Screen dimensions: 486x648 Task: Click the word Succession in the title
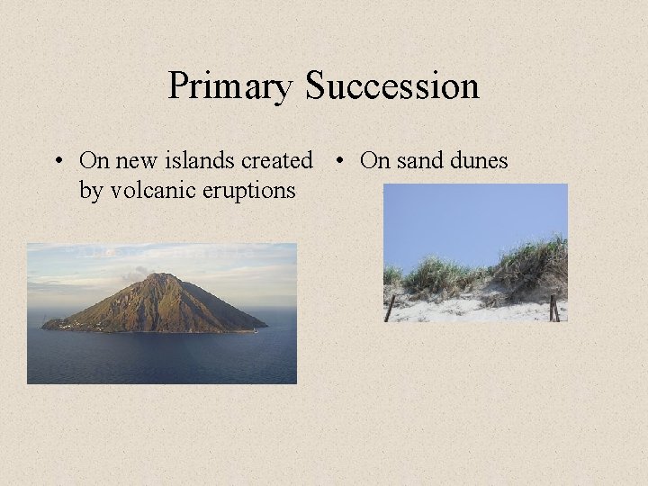coord(391,86)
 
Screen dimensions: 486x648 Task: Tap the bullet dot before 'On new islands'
coord(57,162)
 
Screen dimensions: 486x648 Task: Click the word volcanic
coord(145,191)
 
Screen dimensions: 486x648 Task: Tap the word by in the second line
coord(91,191)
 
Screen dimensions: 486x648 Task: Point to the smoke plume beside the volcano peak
coord(135,272)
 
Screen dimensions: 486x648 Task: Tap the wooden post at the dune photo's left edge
coord(390,308)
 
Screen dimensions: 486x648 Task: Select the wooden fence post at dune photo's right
coord(553,308)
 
